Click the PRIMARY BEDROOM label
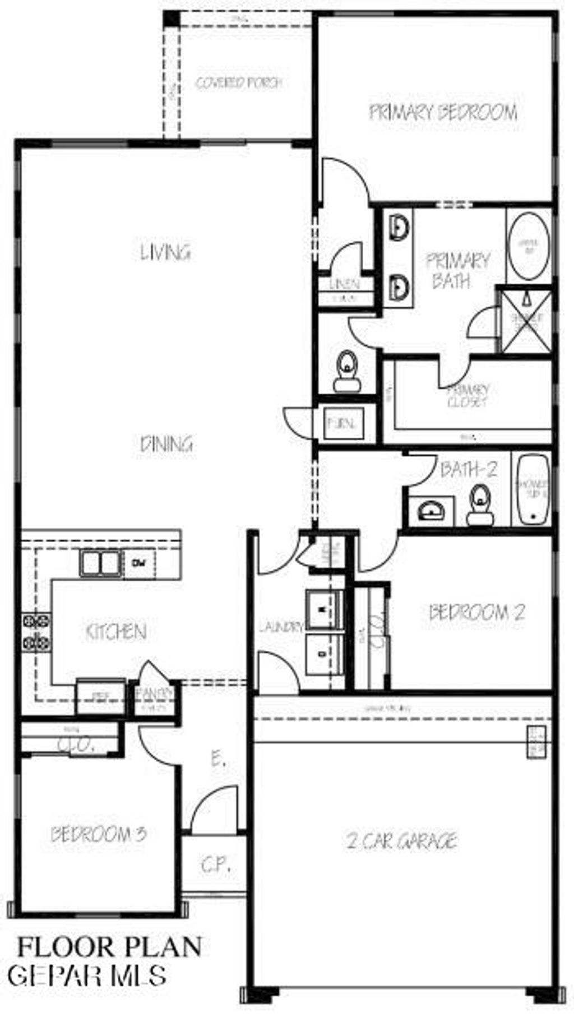click(x=443, y=112)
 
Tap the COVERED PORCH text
click(x=239, y=83)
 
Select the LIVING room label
click(x=165, y=252)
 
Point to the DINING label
click(x=166, y=444)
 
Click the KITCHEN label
click(x=117, y=632)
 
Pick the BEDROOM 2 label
click(x=476, y=612)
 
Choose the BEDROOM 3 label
click(x=99, y=835)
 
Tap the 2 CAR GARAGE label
click(x=401, y=841)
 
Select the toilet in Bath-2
click(x=480, y=505)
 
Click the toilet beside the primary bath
click(x=347, y=372)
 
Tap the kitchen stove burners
click(x=36, y=632)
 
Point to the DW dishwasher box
click(x=135, y=561)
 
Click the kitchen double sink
click(x=100, y=563)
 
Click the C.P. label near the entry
click(x=215, y=866)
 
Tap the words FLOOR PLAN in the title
click(x=109, y=947)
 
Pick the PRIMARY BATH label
click(x=457, y=271)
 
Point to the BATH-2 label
click(x=469, y=470)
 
